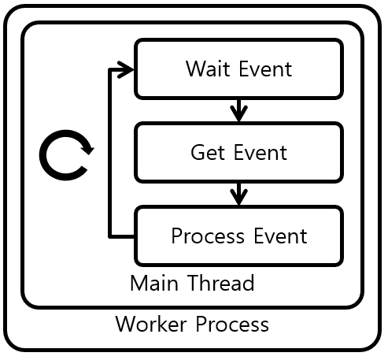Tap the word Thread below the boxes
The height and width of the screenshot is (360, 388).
[x=220, y=283]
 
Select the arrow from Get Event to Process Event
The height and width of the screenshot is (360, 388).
[x=239, y=192]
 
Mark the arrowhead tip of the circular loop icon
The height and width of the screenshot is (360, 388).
[x=88, y=150]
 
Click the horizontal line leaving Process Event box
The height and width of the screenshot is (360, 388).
[x=122, y=236]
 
